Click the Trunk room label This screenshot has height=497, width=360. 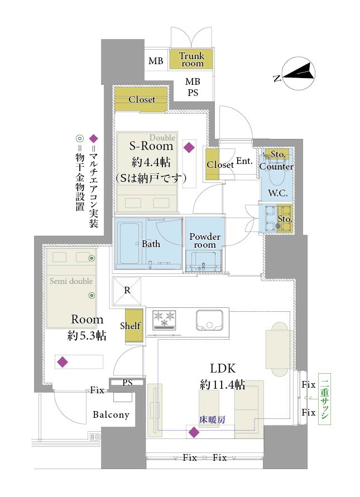coord(191,60)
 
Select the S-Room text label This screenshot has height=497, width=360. coord(151,146)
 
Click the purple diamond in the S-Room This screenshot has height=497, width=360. coord(189,147)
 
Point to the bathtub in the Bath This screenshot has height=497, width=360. coord(129,243)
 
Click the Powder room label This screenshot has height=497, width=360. coord(205,240)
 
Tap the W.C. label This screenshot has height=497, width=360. coord(278,192)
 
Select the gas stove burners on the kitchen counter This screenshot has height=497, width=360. coord(164,319)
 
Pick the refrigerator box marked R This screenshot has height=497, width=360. coord(127,291)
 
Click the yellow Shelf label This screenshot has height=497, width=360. coord(130,326)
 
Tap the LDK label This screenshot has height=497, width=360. coord(223,368)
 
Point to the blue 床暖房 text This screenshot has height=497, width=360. coord(212,419)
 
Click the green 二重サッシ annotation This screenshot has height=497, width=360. coord(324,399)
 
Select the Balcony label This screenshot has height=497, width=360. coord(111,414)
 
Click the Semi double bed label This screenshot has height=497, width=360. coord(71,281)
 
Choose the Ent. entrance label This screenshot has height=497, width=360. coord(244,161)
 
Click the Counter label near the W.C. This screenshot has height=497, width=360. coord(276,166)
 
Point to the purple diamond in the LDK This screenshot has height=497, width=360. coord(194,432)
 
